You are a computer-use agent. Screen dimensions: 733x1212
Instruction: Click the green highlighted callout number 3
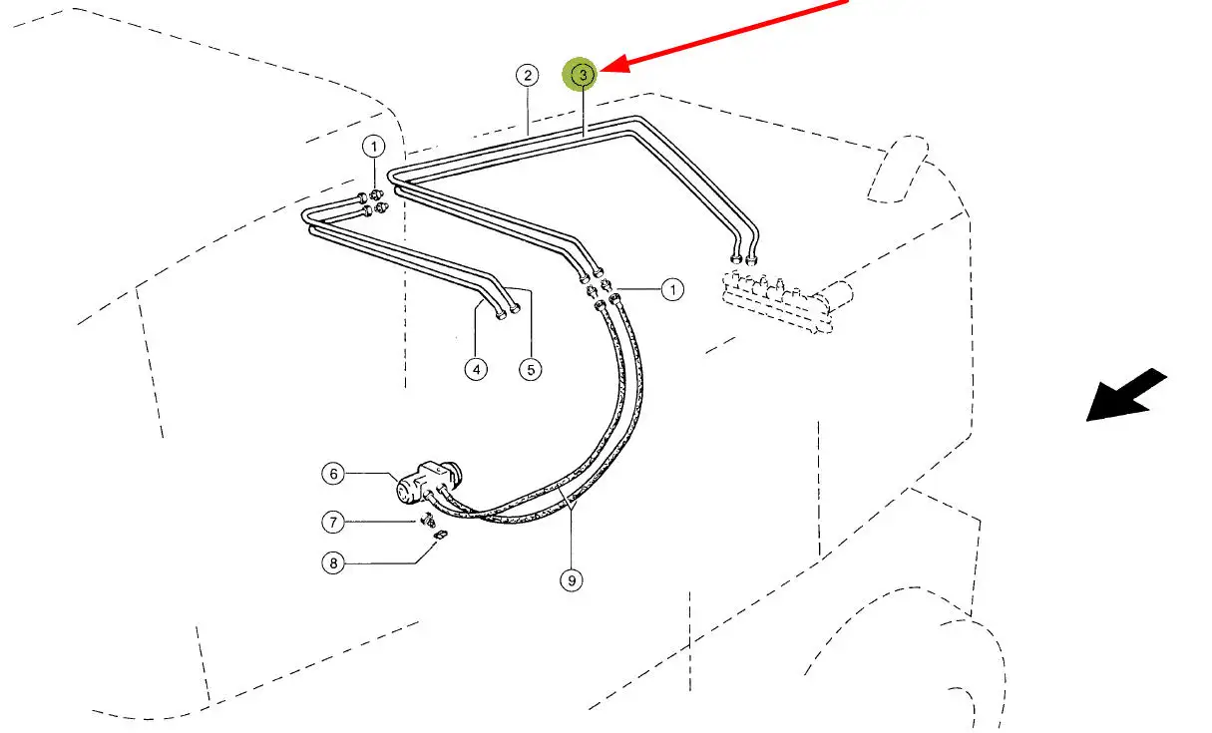click(583, 75)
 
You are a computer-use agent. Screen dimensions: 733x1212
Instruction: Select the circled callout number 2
click(527, 75)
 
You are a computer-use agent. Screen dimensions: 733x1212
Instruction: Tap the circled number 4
click(476, 369)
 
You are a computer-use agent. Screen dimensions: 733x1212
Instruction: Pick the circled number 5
click(530, 369)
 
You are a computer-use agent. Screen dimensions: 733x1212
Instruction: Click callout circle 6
click(333, 474)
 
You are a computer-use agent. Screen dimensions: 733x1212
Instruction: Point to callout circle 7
click(333, 521)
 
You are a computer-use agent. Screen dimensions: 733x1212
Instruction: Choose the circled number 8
click(333, 563)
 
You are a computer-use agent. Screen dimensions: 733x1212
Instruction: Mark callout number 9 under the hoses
click(572, 578)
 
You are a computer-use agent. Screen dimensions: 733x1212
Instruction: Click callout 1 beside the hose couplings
click(672, 290)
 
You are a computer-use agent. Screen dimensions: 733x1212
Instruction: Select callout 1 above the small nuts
click(373, 148)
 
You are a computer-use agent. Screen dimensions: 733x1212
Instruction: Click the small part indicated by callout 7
click(427, 520)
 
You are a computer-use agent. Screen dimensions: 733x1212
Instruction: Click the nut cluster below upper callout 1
click(376, 200)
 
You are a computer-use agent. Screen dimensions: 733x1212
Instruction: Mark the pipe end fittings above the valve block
click(744, 257)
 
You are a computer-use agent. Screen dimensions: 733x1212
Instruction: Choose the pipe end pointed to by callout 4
click(499, 315)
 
